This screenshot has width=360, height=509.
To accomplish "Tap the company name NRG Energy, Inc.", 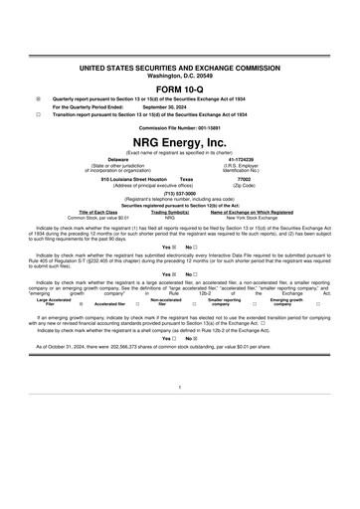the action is tap(180, 143).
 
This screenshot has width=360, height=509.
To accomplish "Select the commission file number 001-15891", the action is tap(180, 128).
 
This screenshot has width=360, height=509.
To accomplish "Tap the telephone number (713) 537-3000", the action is tap(180, 195).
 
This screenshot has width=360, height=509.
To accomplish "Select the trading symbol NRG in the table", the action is tap(170, 217).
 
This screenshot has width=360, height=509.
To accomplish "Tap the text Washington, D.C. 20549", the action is tap(180, 75).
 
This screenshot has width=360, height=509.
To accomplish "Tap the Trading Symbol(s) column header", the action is tap(170, 211).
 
